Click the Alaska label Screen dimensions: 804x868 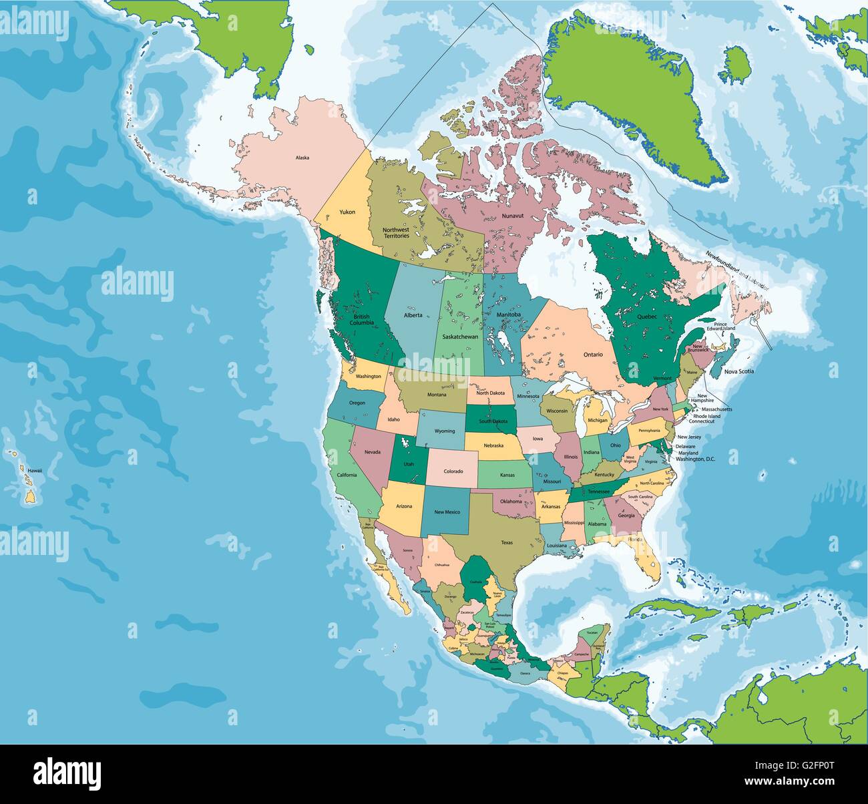tap(302, 158)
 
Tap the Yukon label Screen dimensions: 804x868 tap(347, 212)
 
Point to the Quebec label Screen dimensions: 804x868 tap(647, 317)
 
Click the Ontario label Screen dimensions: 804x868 tap(592, 355)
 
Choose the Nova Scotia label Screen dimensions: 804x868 tap(739, 371)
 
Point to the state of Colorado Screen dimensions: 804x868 tap(452, 467)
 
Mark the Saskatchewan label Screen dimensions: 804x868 tap(458, 338)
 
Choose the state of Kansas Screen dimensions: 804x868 tap(506, 474)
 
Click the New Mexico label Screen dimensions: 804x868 tap(447, 512)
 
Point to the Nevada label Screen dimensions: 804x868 tap(372, 452)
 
